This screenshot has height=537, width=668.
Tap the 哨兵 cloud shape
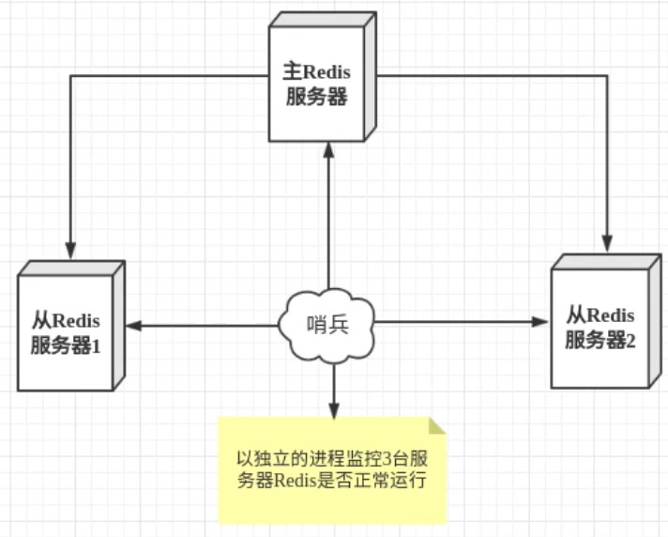tap(327, 326)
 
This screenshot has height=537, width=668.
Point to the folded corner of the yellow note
tap(437, 426)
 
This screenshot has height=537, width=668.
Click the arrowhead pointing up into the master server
tap(328, 147)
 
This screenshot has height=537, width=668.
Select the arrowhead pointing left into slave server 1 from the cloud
tap(133, 326)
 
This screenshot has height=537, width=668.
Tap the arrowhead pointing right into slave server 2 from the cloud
tap(541, 322)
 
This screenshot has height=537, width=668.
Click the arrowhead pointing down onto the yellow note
tap(333, 411)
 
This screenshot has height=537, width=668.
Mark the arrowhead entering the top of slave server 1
tap(70, 253)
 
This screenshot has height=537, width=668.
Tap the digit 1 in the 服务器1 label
tap(95, 345)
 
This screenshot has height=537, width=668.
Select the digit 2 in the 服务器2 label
tap(630, 341)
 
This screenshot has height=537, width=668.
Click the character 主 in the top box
tap(291, 72)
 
